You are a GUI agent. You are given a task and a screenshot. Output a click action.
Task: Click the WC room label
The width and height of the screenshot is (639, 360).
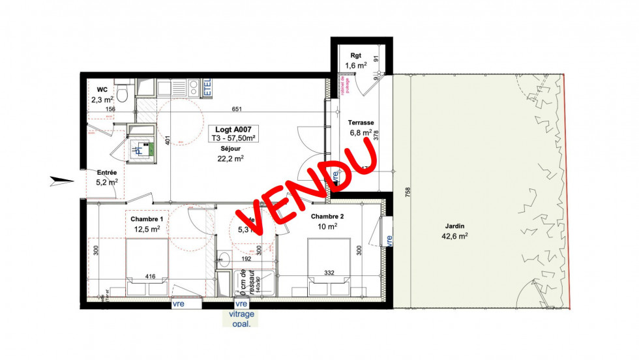click(x=102, y=89)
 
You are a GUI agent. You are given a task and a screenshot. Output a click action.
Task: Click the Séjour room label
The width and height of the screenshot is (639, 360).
click(x=230, y=148)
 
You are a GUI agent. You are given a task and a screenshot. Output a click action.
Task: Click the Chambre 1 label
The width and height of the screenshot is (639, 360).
click(x=147, y=218)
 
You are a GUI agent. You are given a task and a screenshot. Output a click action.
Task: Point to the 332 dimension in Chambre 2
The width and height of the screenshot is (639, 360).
click(x=329, y=273)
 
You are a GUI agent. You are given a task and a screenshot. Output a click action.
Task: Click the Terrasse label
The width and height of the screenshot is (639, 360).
click(x=361, y=123)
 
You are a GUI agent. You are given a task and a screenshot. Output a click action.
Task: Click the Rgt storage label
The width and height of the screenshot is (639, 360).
click(x=355, y=55)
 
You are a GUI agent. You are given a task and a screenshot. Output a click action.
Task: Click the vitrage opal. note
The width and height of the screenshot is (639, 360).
click(x=241, y=318)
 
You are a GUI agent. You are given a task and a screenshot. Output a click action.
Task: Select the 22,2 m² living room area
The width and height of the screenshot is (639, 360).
click(x=230, y=158)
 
